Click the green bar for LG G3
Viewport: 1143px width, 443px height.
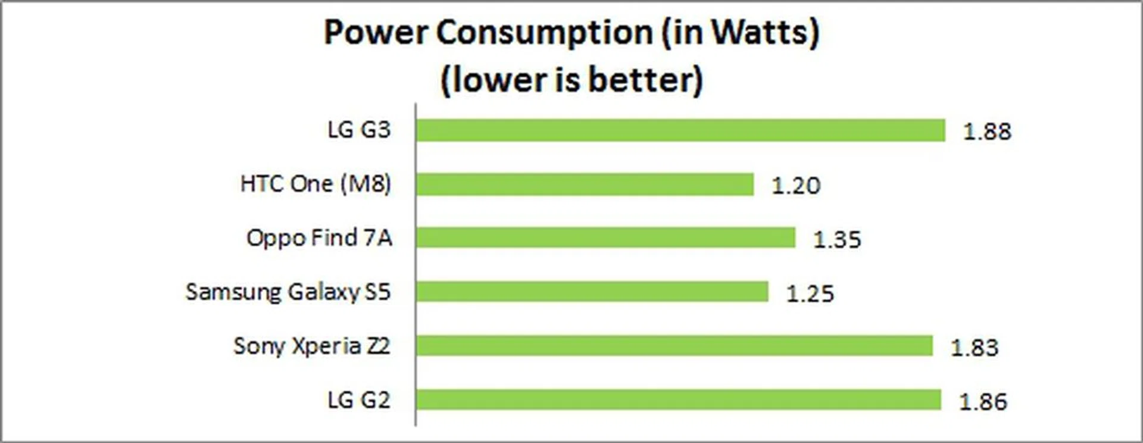pos(680,130)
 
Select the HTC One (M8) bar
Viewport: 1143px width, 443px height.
pos(585,184)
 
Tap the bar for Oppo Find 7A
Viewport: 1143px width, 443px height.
pos(605,238)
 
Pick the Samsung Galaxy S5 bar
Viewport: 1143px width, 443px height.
pos(592,292)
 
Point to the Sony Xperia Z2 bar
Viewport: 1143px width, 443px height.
pos(674,346)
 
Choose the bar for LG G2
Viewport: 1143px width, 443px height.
pos(678,400)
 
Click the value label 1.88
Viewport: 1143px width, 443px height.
pos(987,132)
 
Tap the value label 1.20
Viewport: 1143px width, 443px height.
pos(795,186)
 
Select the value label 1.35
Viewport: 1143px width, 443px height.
pos(837,239)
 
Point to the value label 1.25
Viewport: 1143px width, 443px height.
pos(810,294)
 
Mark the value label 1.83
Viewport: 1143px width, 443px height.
pos(974,348)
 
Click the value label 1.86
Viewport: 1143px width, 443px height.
pos(983,402)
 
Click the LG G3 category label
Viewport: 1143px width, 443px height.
pos(359,130)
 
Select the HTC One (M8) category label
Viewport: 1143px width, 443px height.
pos(316,184)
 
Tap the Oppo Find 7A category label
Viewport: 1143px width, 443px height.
pos(319,238)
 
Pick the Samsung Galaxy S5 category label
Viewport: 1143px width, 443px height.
pos(288,292)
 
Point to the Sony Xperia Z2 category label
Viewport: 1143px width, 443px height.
pos(311,346)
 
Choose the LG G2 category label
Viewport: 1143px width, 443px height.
pos(359,400)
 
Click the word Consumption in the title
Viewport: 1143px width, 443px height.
pos(545,33)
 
